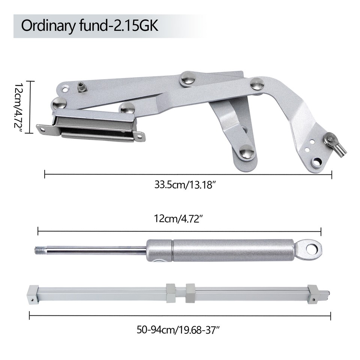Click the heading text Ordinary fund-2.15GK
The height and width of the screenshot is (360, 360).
tap(90, 26)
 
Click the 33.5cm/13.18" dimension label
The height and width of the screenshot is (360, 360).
tap(187, 184)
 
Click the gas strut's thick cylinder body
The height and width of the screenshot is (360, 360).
tap(232, 250)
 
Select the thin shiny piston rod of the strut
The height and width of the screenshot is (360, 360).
tap(97, 249)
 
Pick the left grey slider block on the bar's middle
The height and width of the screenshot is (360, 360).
tap(171, 292)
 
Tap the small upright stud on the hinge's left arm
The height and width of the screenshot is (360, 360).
tap(81, 87)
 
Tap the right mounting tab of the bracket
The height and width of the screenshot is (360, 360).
tap(140, 136)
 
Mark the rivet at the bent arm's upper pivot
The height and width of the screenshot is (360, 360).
tap(257, 84)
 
